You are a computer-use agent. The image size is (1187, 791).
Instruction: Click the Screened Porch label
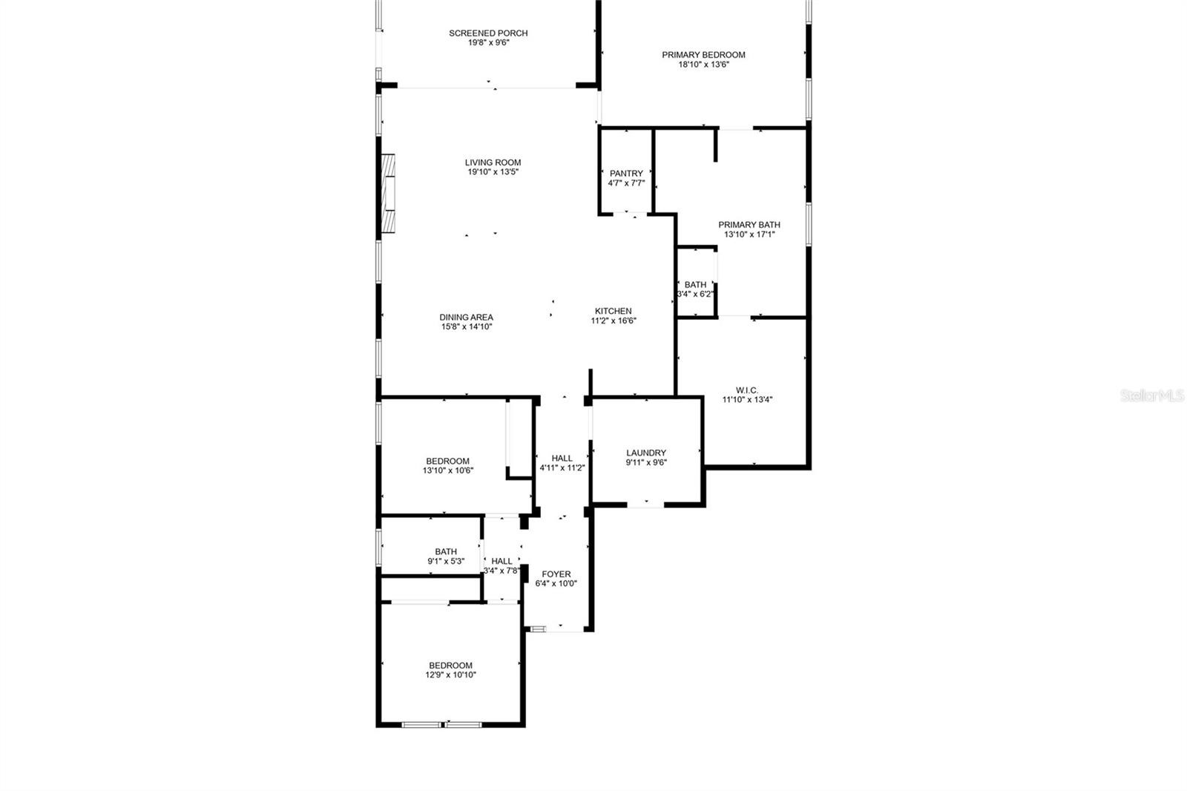(488, 33)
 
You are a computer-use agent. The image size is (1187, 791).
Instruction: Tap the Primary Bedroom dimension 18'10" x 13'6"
(704, 65)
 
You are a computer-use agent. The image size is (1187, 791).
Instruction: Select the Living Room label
(493, 163)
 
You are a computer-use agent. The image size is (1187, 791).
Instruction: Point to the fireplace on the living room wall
(388, 193)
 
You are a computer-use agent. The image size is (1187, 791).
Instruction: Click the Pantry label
(626, 174)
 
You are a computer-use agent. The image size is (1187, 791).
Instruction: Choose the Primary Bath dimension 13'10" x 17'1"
(749, 234)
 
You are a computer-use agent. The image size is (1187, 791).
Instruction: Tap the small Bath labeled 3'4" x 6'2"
(695, 289)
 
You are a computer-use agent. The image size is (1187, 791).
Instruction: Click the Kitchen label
(613, 311)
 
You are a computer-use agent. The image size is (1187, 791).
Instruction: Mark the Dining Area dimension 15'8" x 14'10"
(467, 327)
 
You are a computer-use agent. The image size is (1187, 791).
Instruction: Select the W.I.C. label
(747, 390)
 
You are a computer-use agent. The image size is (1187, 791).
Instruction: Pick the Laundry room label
(646, 453)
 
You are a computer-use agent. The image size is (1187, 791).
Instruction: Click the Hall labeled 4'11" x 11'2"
(562, 463)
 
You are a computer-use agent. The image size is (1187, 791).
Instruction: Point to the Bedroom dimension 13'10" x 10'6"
(448, 470)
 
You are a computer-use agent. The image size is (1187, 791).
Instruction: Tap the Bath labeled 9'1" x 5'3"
(446, 556)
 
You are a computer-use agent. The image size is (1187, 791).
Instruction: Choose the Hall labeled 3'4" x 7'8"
(502, 565)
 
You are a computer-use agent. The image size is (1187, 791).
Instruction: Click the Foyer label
(556, 574)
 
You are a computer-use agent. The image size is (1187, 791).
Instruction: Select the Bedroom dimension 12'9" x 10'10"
(450, 675)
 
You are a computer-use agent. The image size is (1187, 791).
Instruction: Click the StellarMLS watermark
(1152, 395)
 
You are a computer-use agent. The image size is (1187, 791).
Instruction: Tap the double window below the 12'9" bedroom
(442, 725)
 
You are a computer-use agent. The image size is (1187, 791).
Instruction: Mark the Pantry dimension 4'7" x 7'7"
(626, 183)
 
